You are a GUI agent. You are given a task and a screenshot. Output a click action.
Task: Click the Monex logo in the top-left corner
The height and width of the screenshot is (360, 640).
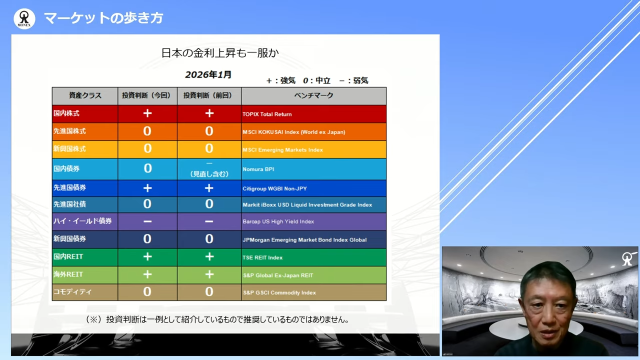pyautogui.click(x=24, y=18)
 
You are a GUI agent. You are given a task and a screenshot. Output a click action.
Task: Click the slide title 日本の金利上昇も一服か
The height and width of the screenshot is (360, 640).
pyautogui.click(x=219, y=53)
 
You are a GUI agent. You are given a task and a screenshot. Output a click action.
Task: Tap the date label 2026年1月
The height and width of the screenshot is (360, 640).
pyautogui.click(x=208, y=75)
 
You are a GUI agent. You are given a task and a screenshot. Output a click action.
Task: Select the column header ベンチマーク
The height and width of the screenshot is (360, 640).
pyautogui.click(x=313, y=95)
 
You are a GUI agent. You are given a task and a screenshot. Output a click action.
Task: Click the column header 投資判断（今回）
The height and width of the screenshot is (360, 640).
pyautogui.click(x=147, y=95)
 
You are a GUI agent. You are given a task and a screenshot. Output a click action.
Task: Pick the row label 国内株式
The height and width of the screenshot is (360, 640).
pyautogui.click(x=66, y=113)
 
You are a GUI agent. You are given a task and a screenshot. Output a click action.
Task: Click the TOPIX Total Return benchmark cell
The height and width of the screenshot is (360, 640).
pyautogui.click(x=267, y=114)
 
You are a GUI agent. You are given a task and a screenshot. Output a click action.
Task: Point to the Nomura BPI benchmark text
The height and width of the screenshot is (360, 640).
pyautogui.click(x=258, y=169)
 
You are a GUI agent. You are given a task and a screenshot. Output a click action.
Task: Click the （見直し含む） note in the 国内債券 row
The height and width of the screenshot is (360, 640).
pyautogui.click(x=209, y=174)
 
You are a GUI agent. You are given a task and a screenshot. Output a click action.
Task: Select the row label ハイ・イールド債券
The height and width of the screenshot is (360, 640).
pyautogui.click(x=82, y=221)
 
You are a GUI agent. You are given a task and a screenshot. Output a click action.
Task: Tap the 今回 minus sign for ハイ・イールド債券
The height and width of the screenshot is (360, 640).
pyautogui.click(x=147, y=221)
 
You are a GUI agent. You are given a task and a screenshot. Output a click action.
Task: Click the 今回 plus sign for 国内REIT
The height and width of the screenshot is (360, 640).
pyautogui.click(x=147, y=257)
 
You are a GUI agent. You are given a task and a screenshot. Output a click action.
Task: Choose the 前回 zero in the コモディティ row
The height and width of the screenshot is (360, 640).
pyautogui.click(x=209, y=292)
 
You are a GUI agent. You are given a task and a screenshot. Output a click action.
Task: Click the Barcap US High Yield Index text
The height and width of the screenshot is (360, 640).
pyautogui.click(x=278, y=221)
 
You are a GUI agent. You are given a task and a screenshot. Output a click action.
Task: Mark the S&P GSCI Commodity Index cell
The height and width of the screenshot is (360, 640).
pyautogui.click(x=279, y=292)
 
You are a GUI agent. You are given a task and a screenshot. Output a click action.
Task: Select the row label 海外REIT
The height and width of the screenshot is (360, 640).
pyautogui.click(x=68, y=274)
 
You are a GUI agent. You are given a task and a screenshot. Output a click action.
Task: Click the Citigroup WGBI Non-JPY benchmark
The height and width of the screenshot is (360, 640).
pyautogui.click(x=274, y=188)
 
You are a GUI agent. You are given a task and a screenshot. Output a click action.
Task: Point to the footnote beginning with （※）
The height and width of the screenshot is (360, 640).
pyautogui.click(x=217, y=319)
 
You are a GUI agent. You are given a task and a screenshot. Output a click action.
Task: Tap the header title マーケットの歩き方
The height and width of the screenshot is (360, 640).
pyautogui.click(x=103, y=18)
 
